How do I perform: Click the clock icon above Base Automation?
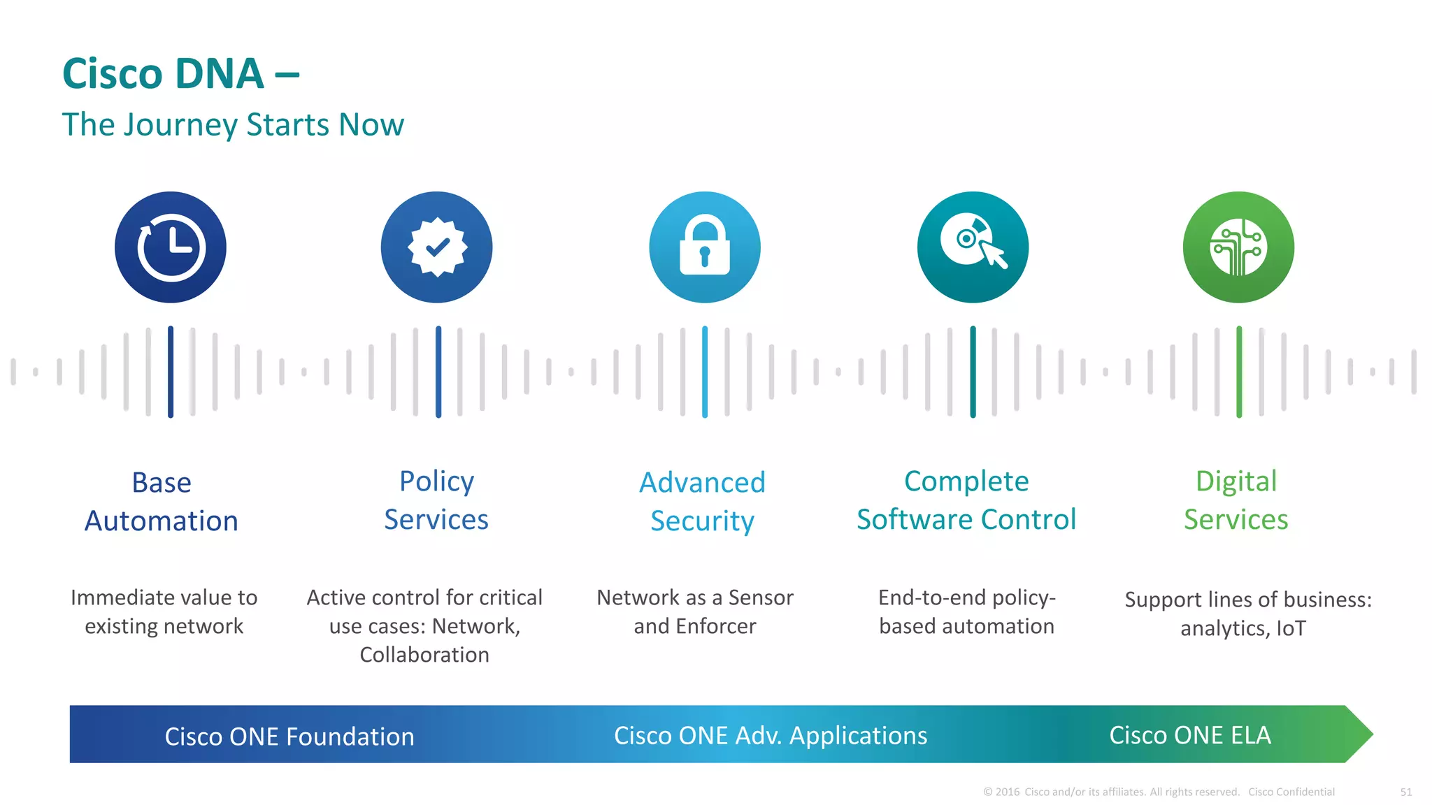coord(171,247)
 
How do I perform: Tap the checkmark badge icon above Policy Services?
coord(437,247)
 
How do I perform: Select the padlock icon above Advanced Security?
coord(705,247)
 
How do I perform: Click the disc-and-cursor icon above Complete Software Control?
coord(973,247)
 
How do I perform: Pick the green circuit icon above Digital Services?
coord(1238,247)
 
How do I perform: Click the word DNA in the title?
coord(219,74)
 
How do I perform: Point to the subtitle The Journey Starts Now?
coord(233,125)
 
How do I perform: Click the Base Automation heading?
coord(162,502)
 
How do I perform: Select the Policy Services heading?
coord(436,500)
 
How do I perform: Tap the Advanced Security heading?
coord(702,502)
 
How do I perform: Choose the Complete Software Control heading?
coord(966,500)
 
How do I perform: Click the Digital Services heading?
coord(1236,500)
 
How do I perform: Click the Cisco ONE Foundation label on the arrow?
coord(289,737)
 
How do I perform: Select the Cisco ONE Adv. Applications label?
coord(771,736)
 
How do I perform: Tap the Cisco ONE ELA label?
coord(1190,735)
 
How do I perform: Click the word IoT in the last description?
coord(1291,629)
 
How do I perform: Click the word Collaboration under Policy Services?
coord(424,655)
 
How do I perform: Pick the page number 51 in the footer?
coord(1406,792)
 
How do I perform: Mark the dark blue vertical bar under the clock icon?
coord(171,372)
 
